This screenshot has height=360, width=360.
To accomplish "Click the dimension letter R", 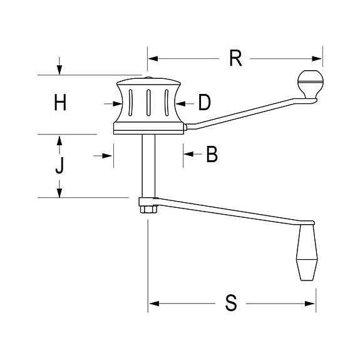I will tap(235, 58).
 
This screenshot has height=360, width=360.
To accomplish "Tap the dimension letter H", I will tap(59, 103).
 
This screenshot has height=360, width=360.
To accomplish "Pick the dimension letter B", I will tap(212, 154).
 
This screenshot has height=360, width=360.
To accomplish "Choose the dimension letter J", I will tap(59, 167).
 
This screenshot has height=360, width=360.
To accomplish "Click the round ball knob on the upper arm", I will tap(310, 83).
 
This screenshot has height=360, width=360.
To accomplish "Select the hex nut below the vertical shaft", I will tap(147, 208).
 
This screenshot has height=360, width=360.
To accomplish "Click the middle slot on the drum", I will tap(149, 103).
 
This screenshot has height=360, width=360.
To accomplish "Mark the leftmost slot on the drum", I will tap(130, 103).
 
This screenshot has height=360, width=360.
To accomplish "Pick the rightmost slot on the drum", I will tap(167, 103).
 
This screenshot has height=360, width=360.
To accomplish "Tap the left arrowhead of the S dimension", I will tap(153, 304).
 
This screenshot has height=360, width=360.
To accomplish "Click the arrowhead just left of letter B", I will tap(188, 154).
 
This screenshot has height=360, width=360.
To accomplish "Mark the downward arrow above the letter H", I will tap(59, 69).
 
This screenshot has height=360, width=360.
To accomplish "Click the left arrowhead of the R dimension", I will tap(152, 59).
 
